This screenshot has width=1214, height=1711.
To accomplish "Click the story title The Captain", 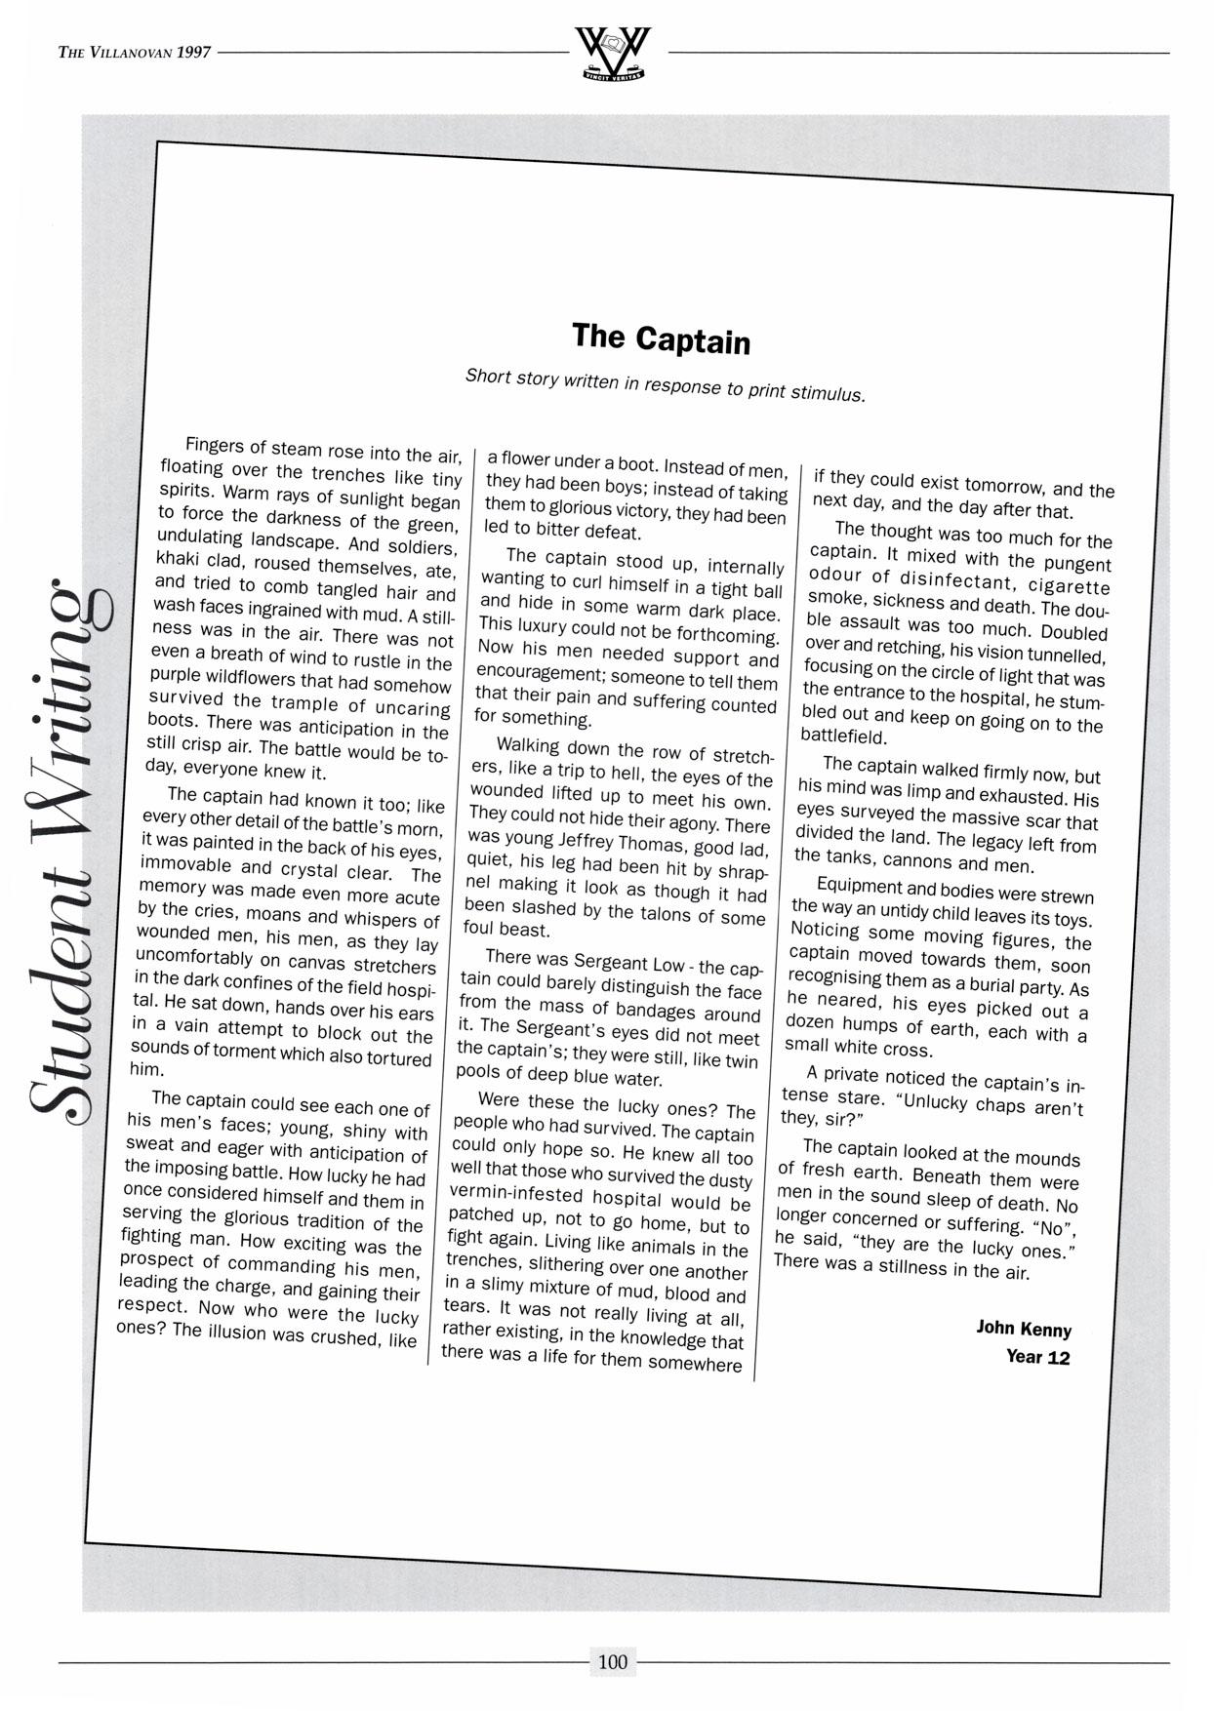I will click(661, 338).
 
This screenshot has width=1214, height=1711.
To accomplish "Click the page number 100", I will click(612, 1661).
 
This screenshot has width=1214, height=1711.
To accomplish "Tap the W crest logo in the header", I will click(613, 55).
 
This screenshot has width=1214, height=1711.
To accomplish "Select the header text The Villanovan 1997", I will click(135, 53).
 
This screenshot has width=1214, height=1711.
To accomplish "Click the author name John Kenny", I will click(1024, 1329).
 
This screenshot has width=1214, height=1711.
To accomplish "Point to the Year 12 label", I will click(1037, 1357).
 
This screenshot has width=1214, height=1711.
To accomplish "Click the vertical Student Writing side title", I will click(68, 849).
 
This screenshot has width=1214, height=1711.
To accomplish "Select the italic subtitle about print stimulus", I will click(665, 384).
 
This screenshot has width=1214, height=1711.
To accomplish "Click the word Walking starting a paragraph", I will click(528, 745).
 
